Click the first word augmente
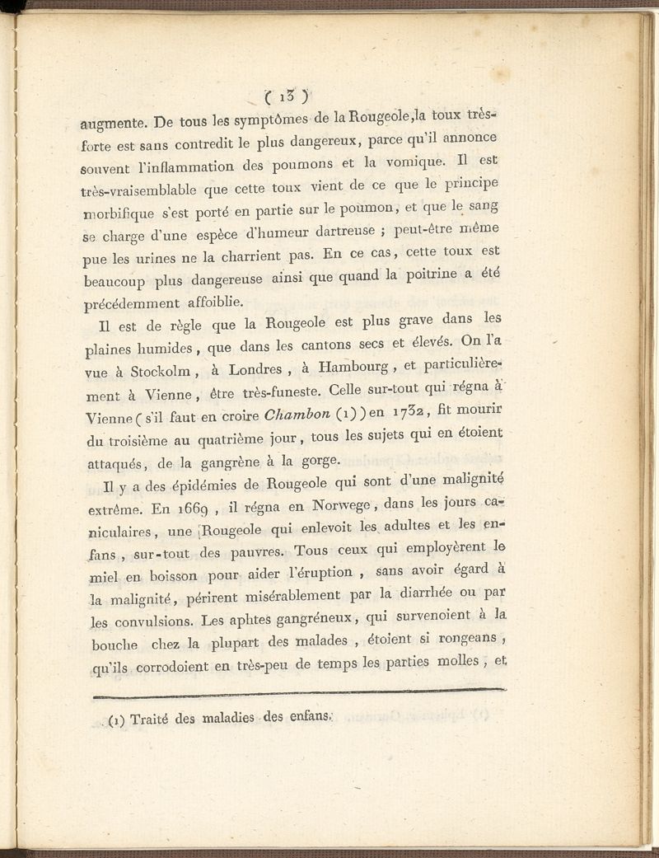113,125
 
